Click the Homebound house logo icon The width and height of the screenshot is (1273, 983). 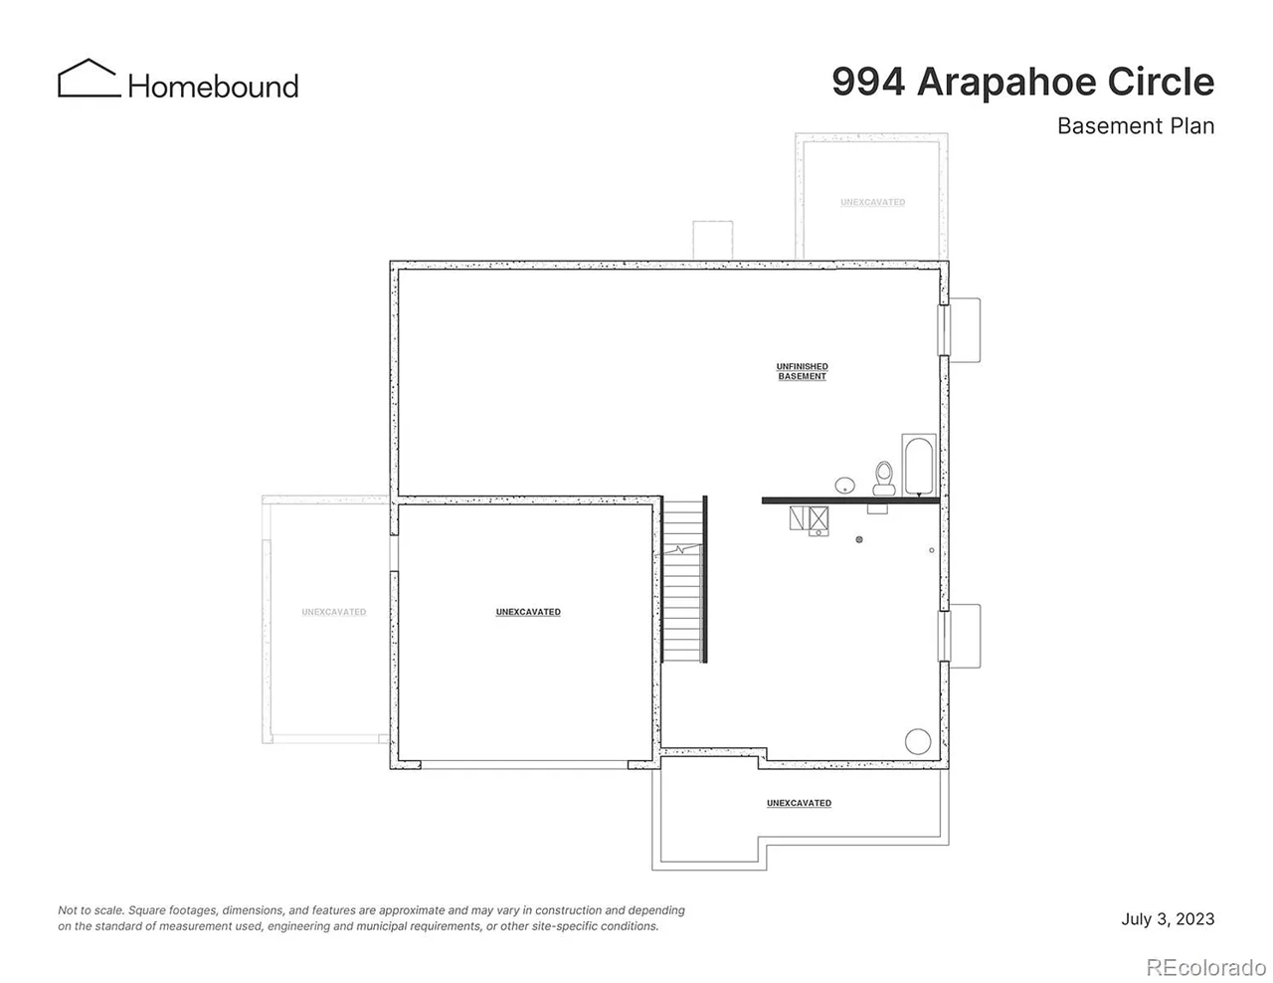(x=89, y=79)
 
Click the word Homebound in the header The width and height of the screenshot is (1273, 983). (x=213, y=87)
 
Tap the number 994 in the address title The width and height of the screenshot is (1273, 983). (x=868, y=82)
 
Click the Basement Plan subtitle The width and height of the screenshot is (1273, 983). (x=1135, y=126)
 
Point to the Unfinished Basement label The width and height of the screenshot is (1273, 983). (x=802, y=371)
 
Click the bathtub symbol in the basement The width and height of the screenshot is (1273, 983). (x=918, y=464)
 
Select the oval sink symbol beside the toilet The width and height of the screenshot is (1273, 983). (x=844, y=486)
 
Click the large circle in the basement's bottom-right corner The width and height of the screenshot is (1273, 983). (x=917, y=741)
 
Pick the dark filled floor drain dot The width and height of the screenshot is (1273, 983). (x=859, y=539)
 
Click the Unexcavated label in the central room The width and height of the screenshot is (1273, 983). (x=528, y=612)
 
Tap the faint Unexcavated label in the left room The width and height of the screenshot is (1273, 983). (x=334, y=612)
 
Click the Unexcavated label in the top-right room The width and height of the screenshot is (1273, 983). (x=872, y=202)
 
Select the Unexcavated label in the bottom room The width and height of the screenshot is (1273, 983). (x=799, y=803)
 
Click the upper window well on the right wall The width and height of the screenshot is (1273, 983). (x=963, y=329)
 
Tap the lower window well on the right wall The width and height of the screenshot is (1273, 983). (x=963, y=636)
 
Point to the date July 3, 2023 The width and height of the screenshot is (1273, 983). (x=1168, y=918)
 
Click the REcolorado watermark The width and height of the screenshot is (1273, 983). (x=1205, y=965)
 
